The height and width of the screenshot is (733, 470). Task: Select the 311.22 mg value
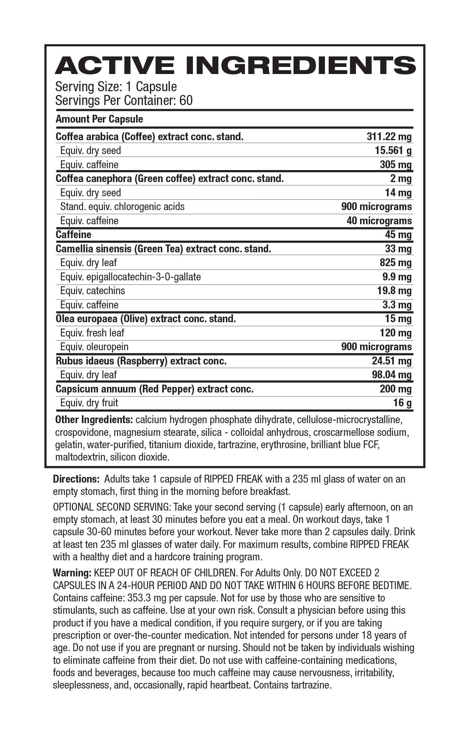point(389,137)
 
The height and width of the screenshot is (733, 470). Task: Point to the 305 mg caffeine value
point(396,165)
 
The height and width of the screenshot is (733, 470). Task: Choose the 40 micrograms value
point(379,221)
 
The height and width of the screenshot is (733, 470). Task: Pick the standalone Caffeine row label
point(73,235)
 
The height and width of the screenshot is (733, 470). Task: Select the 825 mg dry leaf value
point(396,263)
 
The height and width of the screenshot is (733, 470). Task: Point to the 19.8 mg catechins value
point(394,291)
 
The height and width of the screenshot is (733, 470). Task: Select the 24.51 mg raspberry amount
point(391,361)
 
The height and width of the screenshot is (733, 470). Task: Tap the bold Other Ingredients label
point(94,420)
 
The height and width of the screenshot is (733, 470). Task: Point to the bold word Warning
point(72,573)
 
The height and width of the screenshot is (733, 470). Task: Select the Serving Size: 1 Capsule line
point(116,87)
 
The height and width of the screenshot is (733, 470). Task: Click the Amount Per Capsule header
point(99,119)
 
